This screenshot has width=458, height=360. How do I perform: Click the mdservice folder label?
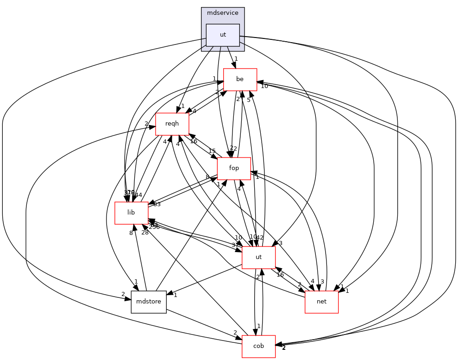click(x=222, y=13)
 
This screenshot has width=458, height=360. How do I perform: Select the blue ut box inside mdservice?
click(x=223, y=35)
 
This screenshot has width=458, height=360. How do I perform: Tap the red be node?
click(x=240, y=79)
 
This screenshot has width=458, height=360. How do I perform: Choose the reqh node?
click(x=172, y=124)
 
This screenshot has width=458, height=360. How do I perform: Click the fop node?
click(x=234, y=168)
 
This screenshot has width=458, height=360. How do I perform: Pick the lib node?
click(x=131, y=213)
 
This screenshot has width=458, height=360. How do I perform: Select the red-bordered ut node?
click(x=258, y=257)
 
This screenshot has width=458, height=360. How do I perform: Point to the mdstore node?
click(x=148, y=302)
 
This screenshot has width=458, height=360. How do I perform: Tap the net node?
click(x=321, y=302)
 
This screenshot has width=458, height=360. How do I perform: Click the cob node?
click(x=258, y=346)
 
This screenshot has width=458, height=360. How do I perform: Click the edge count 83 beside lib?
click(x=157, y=204)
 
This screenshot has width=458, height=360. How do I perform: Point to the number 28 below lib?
click(x=144, y=232)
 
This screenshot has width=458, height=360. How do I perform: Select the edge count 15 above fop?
click(x=212, y=151)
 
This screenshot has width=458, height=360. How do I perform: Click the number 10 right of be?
click(x=264, y=86)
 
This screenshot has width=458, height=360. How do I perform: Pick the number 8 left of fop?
click(x=208, y=177)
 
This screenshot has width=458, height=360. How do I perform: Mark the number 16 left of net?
click(x=280, y=275)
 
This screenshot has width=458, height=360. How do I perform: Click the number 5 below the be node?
click(x=249, y=100)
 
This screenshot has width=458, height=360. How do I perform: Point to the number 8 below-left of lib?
click(x=131, y=233)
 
